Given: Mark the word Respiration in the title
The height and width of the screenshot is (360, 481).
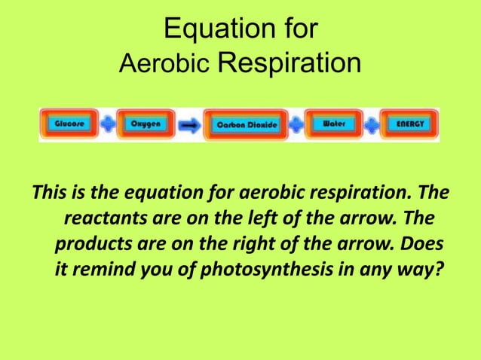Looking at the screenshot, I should point(289,65).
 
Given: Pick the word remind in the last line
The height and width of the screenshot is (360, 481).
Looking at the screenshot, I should point(103,269).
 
